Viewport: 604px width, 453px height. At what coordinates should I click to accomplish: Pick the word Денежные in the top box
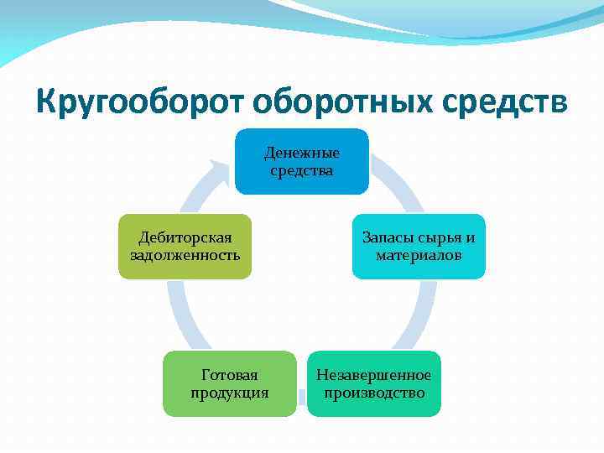pos(301,153)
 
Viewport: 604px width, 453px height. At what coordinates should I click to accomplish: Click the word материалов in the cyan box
pos(418,254)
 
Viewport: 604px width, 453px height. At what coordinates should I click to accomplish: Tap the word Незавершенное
pos(373,375)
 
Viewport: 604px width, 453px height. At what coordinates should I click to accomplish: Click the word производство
pos(373,393)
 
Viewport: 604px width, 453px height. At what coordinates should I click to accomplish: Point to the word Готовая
pos(229,375)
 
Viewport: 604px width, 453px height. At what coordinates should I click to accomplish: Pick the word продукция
pos(229,393)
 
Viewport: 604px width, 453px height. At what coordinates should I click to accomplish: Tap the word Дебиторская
pos(185,237)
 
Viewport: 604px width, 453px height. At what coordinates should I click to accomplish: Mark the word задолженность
pos(185,254)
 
